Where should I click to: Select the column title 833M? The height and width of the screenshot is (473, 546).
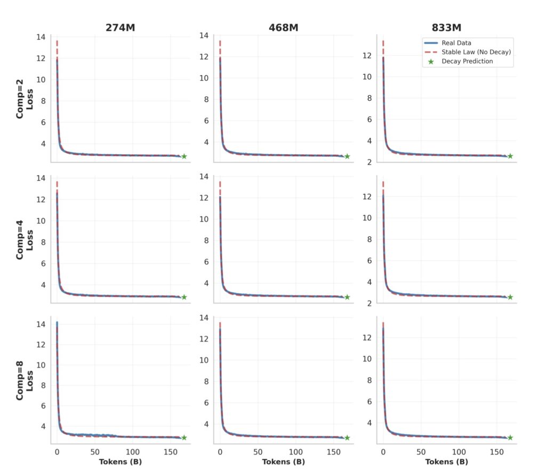click(x=447, y=27)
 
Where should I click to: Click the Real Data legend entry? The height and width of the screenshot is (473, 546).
click(x=456, y=43)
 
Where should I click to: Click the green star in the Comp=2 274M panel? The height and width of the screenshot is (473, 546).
click(x=184, y=156)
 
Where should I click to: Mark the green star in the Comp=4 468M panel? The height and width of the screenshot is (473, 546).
click(x=347, y=297)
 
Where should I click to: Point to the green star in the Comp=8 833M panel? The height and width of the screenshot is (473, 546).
click(x=510, y=438)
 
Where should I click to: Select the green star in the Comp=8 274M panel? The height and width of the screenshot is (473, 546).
click(x=184, y=438)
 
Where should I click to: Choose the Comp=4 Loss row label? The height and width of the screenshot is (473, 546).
click(x=25, y=239)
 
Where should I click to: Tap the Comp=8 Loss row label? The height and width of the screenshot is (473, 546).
click(x=25, y=380)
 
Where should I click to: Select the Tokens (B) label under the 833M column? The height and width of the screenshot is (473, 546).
click(x=447, y=462)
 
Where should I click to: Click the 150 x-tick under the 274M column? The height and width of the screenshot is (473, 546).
click(x=171, y=452)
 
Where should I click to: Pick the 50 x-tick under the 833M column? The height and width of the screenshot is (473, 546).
click(x=421, y=452)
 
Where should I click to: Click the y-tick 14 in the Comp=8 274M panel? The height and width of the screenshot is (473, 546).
click(x=41, y=324)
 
